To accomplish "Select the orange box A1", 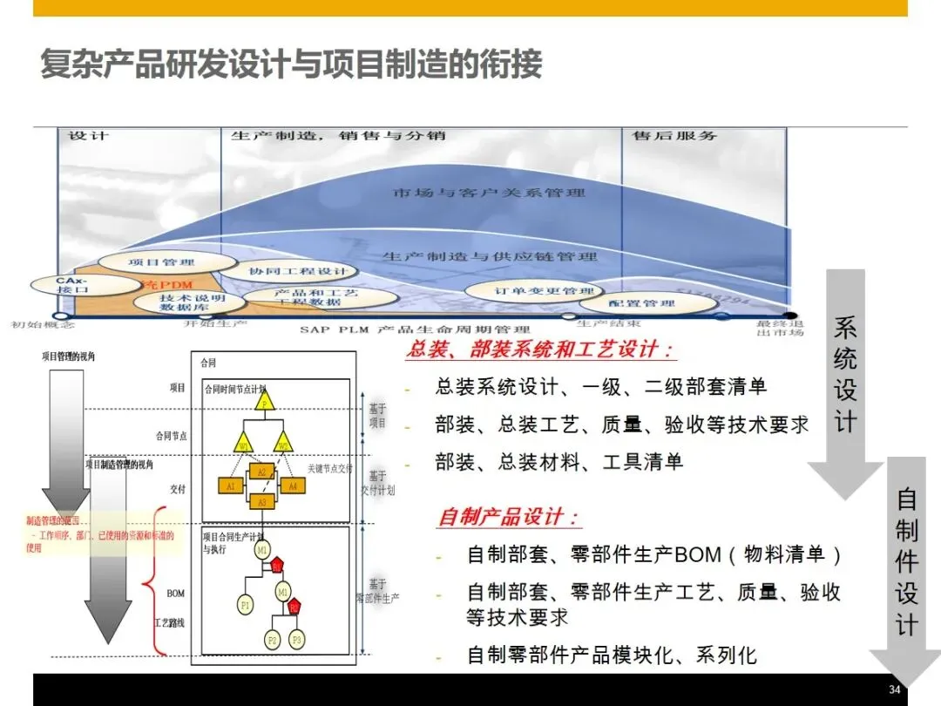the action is (230, 486).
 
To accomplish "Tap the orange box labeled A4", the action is (293, 486).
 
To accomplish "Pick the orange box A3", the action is (261, 502).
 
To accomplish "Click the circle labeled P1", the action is (245, 604).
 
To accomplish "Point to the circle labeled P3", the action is (297, 640).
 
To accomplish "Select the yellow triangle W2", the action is (282, 445).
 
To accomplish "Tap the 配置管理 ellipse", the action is (642, 303).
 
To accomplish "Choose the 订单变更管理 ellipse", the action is (531, 290).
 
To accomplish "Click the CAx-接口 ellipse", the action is (71, 285).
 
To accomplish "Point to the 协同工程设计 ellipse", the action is (297, 271).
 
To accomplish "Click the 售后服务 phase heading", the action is (674, 136).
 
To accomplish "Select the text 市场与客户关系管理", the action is (489, 192).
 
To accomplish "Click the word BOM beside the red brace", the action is (176, 594).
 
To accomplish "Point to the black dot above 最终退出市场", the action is (789, 316).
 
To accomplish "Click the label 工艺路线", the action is (169, 623).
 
